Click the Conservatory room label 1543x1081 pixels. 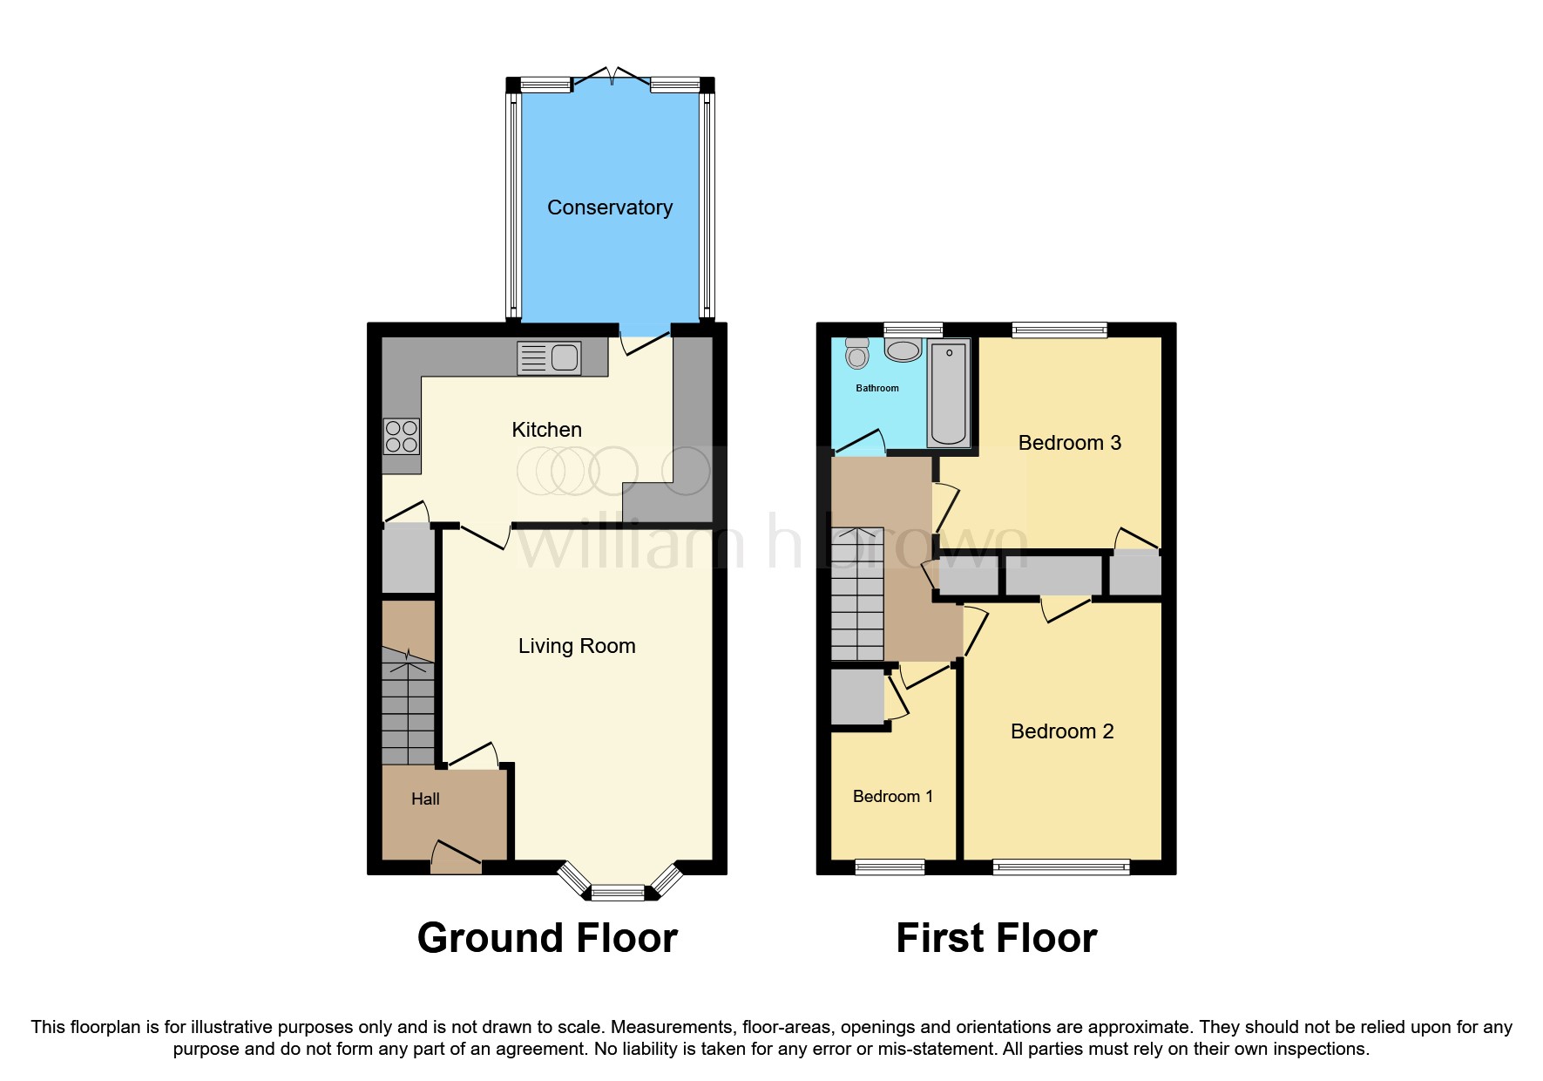tap(609, 207)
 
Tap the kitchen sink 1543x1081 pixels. tap(549, 357)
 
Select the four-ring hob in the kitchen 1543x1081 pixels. tap(401, 436)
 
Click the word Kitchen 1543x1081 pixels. tap(546, 430)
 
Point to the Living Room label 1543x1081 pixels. tap(576, 646)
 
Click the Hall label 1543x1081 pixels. tap(425, 799)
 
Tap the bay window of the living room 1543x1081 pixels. tap(618, 889)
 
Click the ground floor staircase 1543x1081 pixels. tap(408, 706)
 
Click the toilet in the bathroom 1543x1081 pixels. tap(857, 354)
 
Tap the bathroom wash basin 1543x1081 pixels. tap(903, 350)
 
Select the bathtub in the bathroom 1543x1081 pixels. tap(949, 394)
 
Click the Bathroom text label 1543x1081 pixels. tap(876, 388)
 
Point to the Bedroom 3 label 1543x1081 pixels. tap(1069, 443)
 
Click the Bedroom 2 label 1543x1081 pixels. tap(1061, 731)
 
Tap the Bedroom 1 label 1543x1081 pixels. tap(892, 796)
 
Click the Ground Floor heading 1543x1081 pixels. tap(547, 938)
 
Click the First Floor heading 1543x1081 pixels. tap(996, 938)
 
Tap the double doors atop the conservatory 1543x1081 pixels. tap(612, 77)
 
